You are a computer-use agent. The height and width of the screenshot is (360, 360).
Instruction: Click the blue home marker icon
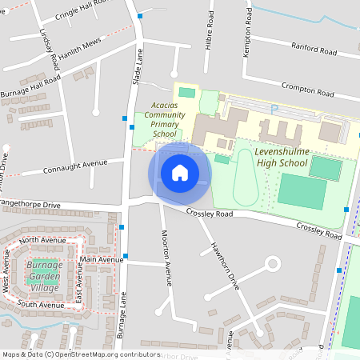pos(180,173)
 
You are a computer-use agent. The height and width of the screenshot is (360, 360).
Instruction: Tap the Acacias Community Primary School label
pos(169,119)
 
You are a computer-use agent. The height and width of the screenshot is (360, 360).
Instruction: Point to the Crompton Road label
pos(306,89)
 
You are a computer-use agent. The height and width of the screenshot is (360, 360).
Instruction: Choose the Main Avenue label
pos(101,259)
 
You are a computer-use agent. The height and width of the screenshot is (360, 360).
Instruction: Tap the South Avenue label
pos(39,305)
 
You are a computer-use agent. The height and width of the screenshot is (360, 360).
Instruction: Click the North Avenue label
pos(42,239)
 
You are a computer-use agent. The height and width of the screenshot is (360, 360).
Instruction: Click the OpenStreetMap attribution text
pos(81,354)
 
